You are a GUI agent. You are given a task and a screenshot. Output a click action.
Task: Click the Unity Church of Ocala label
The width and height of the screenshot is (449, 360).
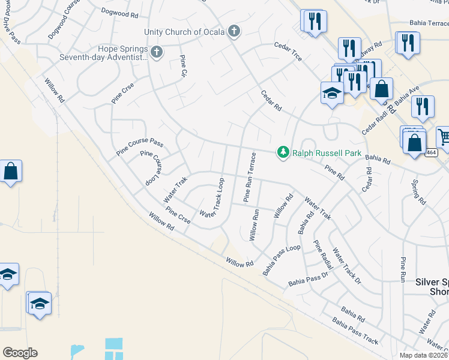[x=184, y=32]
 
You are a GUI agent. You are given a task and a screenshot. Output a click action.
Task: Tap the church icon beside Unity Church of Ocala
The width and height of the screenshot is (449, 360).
[x=234, y=31]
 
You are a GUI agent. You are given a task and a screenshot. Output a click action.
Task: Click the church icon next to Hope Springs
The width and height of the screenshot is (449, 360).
[x=157, y=52]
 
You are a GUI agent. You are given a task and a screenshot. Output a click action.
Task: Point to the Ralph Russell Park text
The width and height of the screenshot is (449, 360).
[x=327, y=153]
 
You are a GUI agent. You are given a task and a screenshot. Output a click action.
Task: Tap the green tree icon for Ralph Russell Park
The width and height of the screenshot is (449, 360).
[x=283, y=153]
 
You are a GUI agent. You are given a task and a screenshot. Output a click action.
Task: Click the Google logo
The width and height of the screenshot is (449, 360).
[x=20, y=353]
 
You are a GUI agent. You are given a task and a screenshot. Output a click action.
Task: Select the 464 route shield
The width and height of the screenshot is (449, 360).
[x=432, y=153]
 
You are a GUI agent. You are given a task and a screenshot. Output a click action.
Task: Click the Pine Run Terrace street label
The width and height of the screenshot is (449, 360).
[x=250, y=177]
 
